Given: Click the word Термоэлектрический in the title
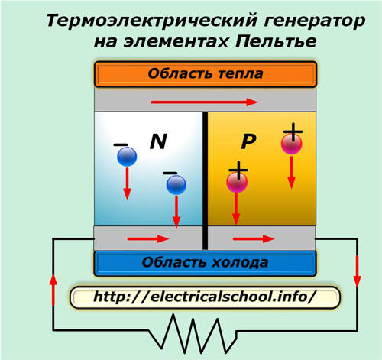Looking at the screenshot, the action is pos(152,21).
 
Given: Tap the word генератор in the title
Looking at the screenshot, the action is pos(315,21).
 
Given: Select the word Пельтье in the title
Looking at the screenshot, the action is pos(276,41).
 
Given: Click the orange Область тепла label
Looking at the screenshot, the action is pos(206,74).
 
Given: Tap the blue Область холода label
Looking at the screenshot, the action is pos(206,263).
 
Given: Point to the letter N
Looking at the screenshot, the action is pos(158,141).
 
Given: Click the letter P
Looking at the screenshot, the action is pos(248,141).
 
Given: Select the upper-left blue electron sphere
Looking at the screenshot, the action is pos(127,157).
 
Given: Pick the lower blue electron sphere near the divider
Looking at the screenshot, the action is pos(176,185).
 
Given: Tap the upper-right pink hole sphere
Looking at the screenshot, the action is pos(292,144).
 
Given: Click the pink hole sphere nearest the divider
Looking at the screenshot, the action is pos(237,182).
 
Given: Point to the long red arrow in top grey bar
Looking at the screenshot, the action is pos(204,102).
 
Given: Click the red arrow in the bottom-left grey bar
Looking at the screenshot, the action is pos(148,239).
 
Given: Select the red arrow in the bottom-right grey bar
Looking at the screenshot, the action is pos(254,239).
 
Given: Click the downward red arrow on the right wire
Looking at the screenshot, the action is pos(357,271).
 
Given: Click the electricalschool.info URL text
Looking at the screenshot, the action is pos(205,297).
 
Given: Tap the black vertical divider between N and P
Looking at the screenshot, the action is pos(206,180).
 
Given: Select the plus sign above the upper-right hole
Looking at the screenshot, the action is pos(293,131).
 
